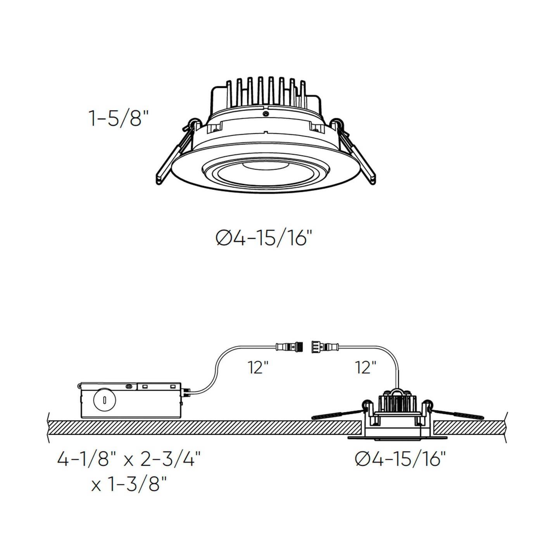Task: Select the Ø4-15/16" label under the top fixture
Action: coord(264,238)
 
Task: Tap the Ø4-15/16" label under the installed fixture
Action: coord(400,459)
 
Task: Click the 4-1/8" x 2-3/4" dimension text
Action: coord(129,460)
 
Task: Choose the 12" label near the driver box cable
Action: coord(258,367)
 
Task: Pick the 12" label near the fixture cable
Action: coord(365,367)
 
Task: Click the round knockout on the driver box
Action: coord(105,400)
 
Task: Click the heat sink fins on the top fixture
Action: coord(265,91)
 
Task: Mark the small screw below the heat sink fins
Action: coord(265,114)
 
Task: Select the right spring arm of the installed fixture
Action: coord(457,414)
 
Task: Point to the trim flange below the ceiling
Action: coord(397,438)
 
